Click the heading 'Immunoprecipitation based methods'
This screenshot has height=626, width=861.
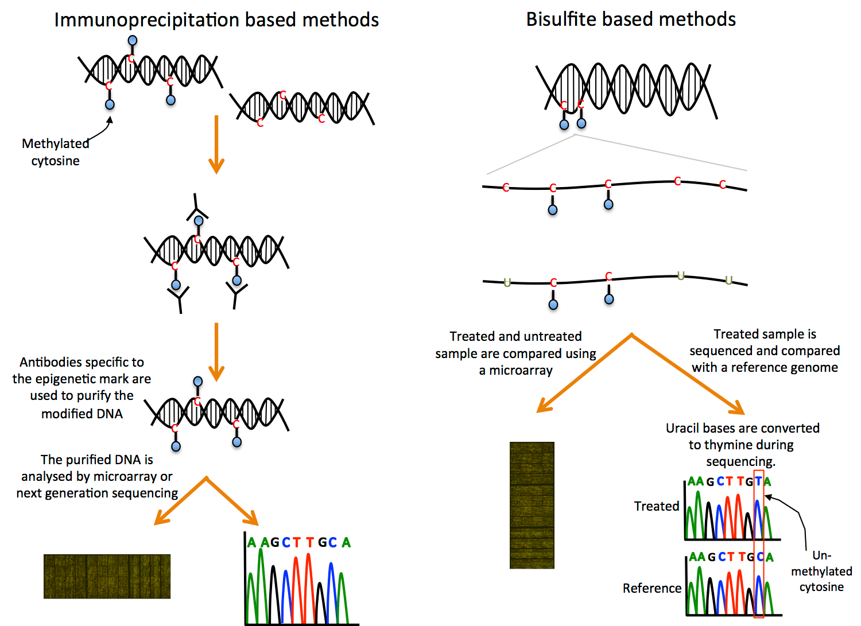point(216,20)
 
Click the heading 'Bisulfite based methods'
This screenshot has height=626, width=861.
point(631,20)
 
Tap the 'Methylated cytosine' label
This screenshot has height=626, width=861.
point(55,152)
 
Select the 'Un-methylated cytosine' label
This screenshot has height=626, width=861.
point(821,571)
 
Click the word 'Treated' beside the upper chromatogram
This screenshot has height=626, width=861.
point(656,506)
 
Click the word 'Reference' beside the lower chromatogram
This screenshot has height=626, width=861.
point(651,588)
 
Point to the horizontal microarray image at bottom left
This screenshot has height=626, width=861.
point(107,576)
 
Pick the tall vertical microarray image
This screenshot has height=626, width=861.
point(532,505)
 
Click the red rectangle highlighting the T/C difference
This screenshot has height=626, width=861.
point(758,545)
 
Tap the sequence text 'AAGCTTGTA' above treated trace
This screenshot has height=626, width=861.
point(729,481)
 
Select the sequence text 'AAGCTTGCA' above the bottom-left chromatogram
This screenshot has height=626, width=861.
point(298,542)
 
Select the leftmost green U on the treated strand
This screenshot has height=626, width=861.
point(507,282)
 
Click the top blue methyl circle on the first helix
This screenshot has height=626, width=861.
point(133,40)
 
